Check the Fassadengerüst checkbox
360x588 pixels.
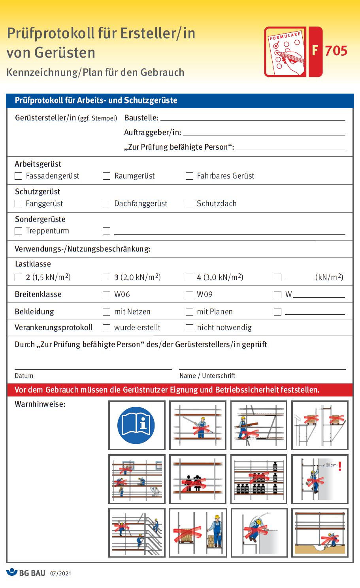18,176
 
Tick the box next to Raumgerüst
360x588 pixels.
106,176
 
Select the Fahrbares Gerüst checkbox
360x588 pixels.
189,176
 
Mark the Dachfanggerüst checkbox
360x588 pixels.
106,204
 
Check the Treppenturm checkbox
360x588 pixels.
18,231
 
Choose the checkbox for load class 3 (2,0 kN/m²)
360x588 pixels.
106,278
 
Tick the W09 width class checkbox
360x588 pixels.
189,295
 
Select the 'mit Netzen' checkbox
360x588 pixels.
106,312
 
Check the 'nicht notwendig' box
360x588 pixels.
189,328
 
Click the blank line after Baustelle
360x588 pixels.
253,118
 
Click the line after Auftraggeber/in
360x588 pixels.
264,133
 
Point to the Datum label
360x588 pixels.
24,376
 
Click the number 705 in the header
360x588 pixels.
336,51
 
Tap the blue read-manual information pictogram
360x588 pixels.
136,425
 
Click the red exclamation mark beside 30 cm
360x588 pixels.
340,466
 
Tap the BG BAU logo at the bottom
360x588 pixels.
26,573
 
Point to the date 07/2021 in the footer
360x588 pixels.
60,573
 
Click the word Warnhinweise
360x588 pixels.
40,404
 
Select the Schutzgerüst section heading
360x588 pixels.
38,192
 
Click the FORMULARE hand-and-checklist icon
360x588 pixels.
286,52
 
